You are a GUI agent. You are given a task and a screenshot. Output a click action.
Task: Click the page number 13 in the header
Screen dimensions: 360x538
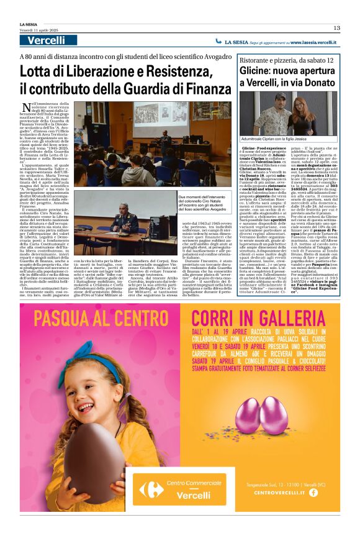tap(336, 27)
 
